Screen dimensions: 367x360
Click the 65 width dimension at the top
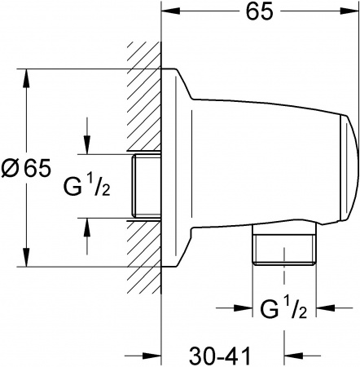(260, 11)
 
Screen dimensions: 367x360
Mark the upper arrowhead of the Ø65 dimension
(29, 77)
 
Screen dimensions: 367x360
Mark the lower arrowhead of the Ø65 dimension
(29, 261)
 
